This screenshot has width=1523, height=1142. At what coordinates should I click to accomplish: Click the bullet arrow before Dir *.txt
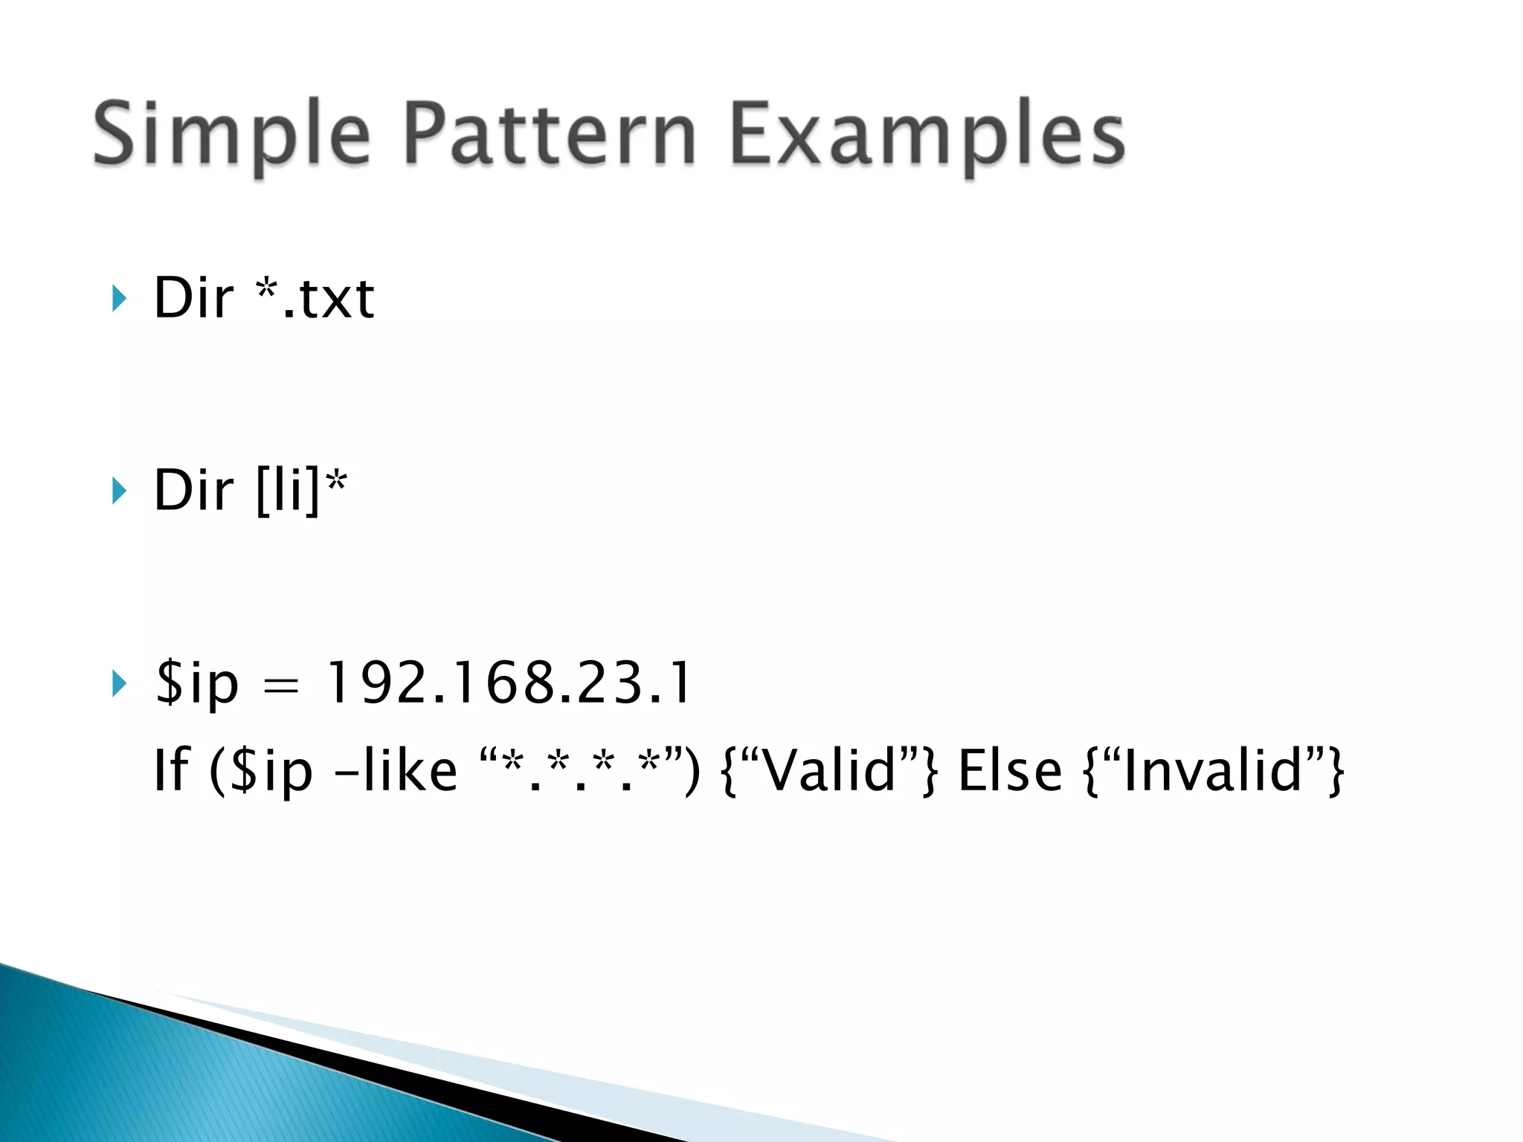(119, 298)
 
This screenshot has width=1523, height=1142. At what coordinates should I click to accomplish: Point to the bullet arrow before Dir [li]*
(119, 491)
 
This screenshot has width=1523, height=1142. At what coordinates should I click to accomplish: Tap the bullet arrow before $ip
(119, 683)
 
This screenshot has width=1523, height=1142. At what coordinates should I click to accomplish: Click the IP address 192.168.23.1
(509, 683)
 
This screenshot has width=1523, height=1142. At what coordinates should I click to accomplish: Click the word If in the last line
(171, 770)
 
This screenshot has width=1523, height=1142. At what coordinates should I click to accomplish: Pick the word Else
(1010, 770)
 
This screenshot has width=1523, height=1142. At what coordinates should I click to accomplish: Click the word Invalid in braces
(1213, 770)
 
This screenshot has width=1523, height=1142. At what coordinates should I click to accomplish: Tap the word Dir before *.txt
(193, 298)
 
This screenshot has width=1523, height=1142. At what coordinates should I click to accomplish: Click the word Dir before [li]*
(193, 491)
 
